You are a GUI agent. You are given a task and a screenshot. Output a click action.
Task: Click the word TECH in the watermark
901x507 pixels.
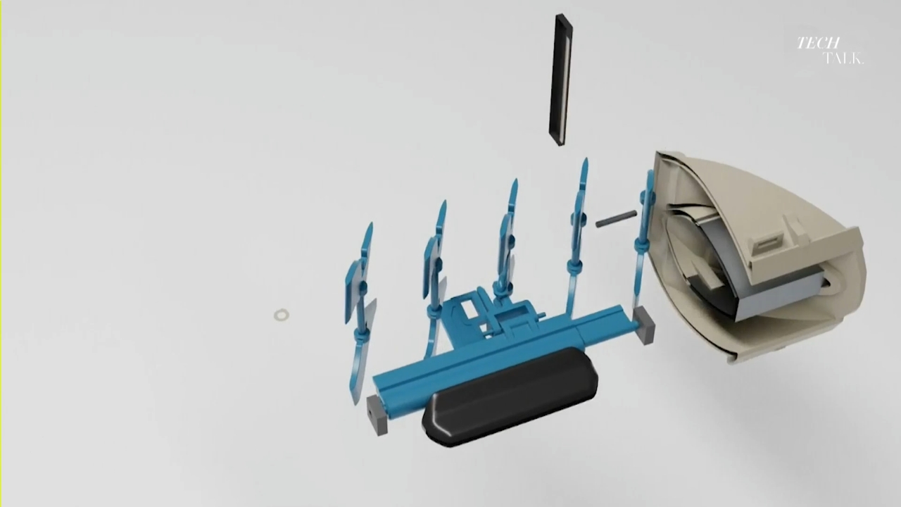[818, 43]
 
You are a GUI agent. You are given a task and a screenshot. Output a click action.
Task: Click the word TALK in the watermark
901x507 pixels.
[843, 58]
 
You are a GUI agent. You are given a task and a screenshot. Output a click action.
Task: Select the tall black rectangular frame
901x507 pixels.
[561, 80]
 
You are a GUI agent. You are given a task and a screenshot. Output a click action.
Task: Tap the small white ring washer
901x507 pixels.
[281, 315]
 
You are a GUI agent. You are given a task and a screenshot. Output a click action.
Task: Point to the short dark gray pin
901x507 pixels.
[616, 218]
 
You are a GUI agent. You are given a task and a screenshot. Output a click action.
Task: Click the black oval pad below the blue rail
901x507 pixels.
[510, 396]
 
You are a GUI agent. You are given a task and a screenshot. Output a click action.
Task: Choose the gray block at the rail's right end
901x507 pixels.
[644, 325]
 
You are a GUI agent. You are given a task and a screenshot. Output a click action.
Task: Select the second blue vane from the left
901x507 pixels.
[434, 277]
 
